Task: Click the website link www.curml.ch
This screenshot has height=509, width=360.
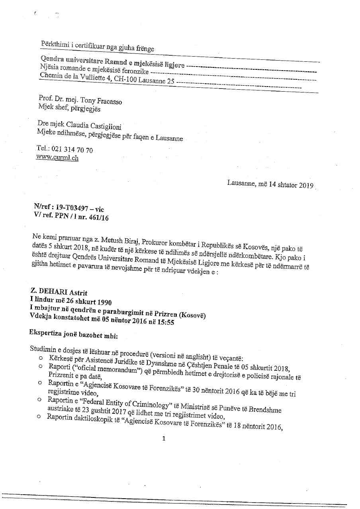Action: click(57, 157)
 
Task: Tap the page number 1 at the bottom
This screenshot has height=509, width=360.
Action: click(164, 438)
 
